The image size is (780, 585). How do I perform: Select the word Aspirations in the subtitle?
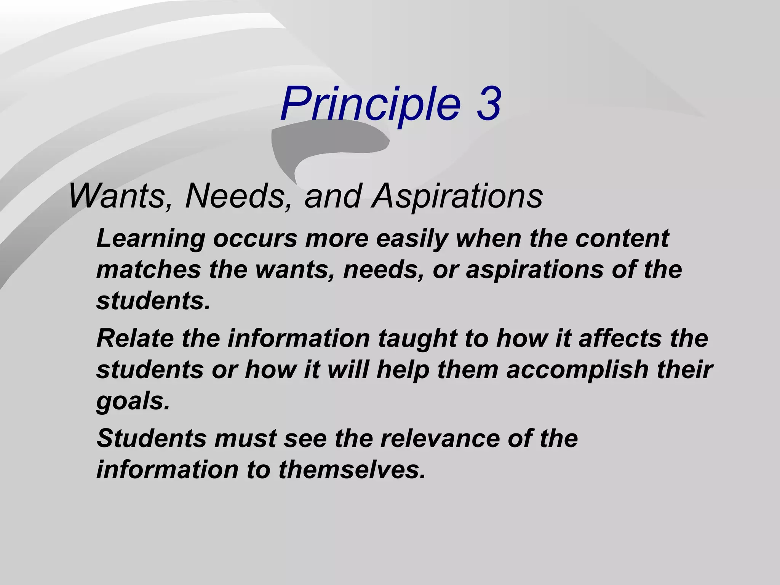click(457, 196)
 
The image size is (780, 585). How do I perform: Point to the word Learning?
click(151, 239)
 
